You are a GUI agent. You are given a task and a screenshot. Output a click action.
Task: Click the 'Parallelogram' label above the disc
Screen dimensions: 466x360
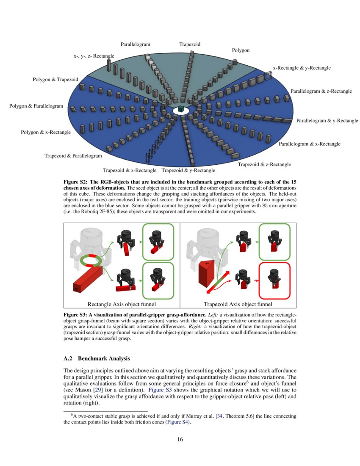point(135,44)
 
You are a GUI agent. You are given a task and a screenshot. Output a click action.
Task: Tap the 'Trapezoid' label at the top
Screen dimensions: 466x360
point(190,44)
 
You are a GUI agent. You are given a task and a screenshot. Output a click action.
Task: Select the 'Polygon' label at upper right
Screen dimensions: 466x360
point(241,50)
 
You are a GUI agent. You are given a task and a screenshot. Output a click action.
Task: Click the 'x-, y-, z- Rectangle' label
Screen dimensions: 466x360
point(94,56)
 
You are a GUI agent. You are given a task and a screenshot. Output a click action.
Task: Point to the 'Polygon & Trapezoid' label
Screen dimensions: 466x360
point(55,80)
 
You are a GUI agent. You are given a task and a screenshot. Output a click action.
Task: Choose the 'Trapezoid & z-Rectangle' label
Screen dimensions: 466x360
point(264,164)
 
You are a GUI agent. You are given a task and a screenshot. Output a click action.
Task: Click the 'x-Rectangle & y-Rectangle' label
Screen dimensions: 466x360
point(302,68)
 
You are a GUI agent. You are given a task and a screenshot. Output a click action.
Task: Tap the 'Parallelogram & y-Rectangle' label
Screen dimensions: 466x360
point(327,121)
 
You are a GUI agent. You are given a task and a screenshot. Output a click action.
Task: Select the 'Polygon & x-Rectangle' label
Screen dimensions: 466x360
point(46,133)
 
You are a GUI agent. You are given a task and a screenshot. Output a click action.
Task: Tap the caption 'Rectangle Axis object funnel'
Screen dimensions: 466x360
point(122,304)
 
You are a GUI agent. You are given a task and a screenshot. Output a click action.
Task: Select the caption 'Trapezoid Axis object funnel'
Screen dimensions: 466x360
point(238,304)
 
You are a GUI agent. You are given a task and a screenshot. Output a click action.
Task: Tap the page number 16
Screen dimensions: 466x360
point(180,439)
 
